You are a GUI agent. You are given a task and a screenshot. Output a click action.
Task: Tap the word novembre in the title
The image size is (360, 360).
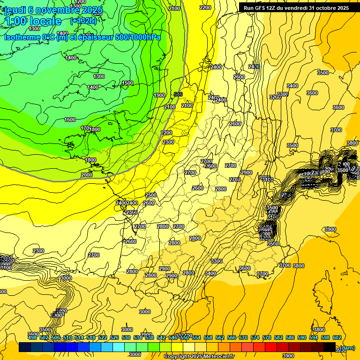coord(56,10)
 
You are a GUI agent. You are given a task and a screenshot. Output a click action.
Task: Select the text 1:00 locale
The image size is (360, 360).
coord(33,21)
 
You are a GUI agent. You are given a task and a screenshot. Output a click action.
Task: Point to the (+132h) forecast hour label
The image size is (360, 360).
coord(83,21)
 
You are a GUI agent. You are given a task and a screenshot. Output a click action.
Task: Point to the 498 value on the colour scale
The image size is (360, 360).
coord(32,337)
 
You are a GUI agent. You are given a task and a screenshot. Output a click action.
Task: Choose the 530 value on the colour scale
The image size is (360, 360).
coord(126,337)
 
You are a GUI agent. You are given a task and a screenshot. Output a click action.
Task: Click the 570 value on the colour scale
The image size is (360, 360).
coord(243,337)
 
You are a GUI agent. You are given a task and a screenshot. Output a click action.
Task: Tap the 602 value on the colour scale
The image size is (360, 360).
coord(337,337)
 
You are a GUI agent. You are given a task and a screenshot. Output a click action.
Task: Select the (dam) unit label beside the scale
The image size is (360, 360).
coord(347,347)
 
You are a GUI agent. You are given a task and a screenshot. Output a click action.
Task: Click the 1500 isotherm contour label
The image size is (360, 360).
coord(127,83)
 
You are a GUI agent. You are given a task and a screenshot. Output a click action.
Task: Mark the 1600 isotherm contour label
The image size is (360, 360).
coord(70,120)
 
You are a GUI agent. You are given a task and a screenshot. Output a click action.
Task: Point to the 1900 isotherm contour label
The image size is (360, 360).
coord(159,95)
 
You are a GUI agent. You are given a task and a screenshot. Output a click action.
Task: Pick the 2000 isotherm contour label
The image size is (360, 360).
coord(87,175)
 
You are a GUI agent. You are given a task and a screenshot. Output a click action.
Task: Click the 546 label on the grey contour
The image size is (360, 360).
coord(178,94)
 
